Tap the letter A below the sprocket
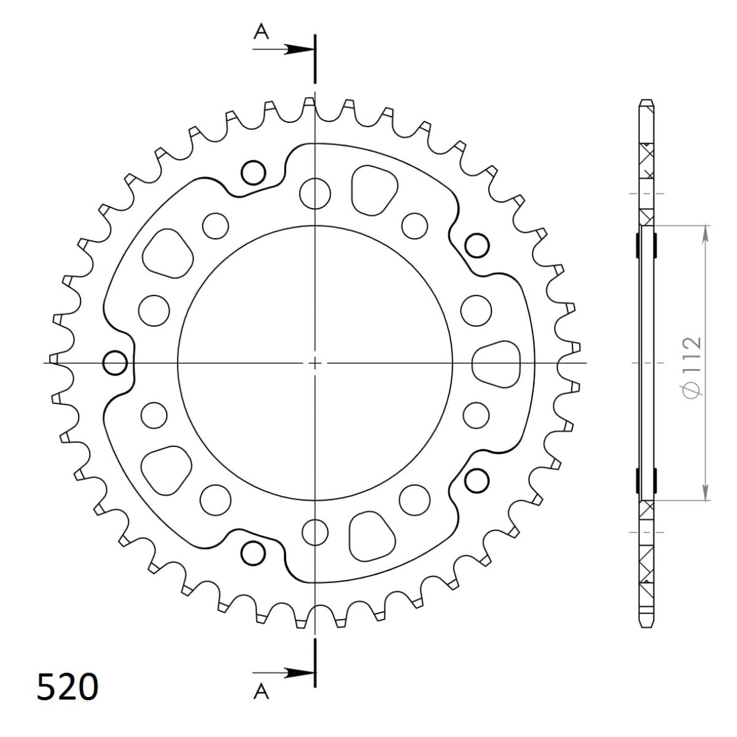262,692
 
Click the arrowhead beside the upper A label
299,50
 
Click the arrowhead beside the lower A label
299,673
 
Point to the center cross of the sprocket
314,363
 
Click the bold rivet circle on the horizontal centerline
115,363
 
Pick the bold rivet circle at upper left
253,173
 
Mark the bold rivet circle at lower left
252,554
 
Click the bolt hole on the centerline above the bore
314,192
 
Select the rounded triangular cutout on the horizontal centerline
497,362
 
